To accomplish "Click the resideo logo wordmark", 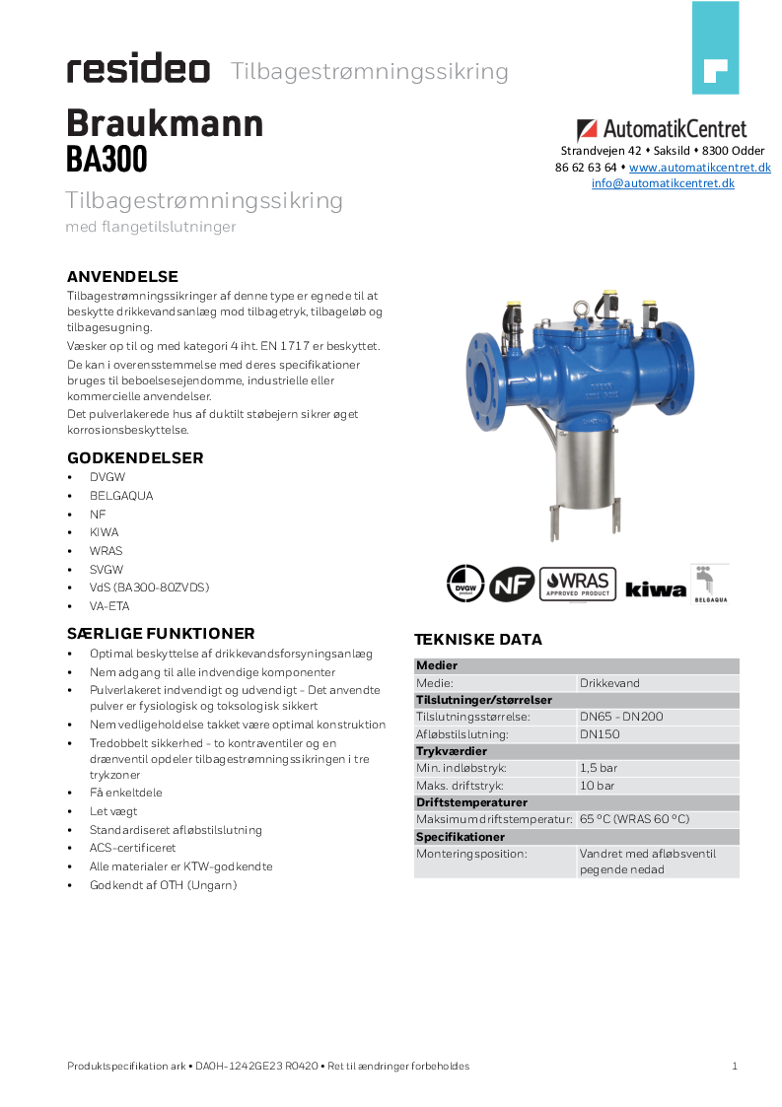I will (138, 70).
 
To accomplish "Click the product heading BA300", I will (107, 159).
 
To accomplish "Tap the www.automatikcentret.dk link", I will (699, 168).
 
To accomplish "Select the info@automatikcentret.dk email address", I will (663, 182).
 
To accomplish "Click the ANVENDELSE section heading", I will (122, 276).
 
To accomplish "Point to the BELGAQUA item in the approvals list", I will (121, 496).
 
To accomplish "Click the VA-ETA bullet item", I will (109, 606).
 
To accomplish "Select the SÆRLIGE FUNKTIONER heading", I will (161, 633).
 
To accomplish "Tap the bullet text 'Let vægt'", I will (113, 811).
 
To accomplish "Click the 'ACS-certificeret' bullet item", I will (132, 848).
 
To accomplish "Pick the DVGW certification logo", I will (465, 584).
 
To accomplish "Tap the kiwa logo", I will (656, 588).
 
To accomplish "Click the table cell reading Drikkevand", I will (609, 682).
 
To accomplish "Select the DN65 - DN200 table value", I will (621, 717).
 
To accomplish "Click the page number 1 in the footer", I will (735, 1066).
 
